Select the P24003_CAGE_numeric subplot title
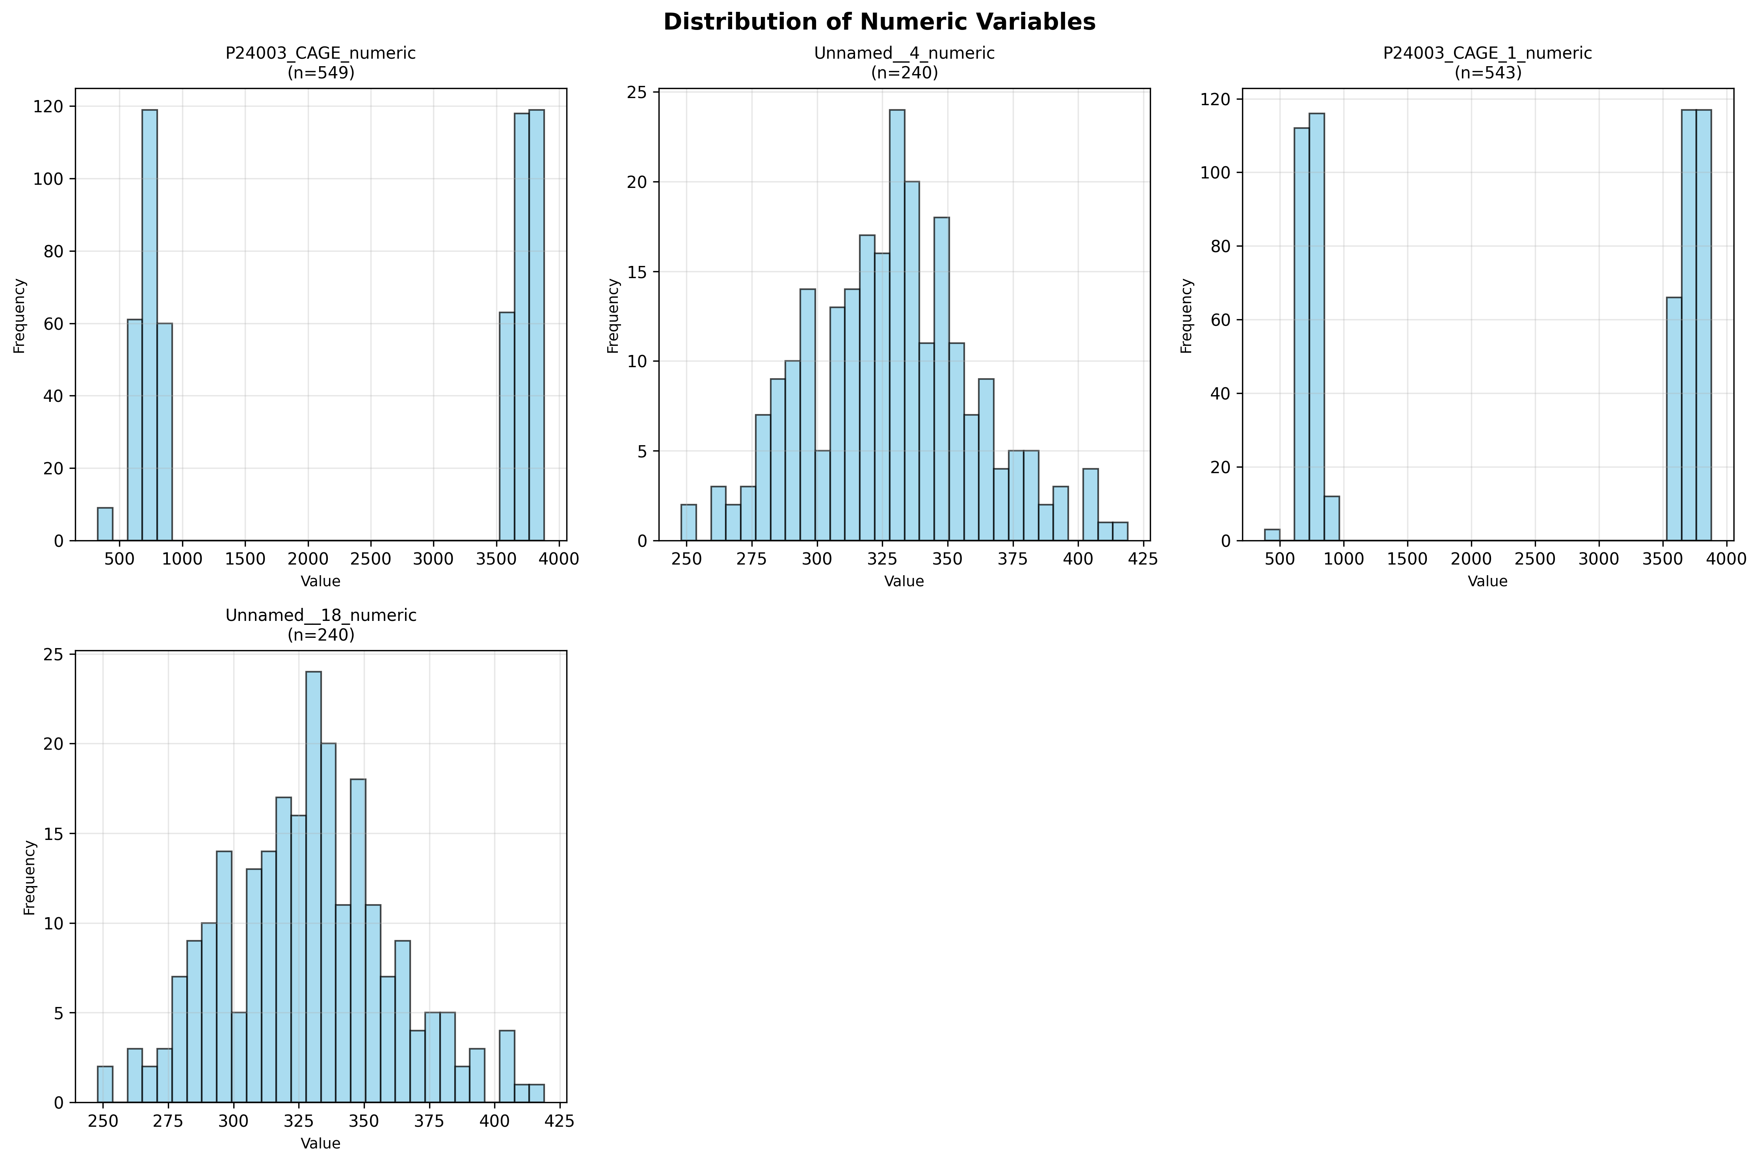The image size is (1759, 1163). (320, 54)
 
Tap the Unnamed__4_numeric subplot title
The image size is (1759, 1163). (904, 54)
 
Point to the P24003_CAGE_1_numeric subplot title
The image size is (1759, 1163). (1488, 54)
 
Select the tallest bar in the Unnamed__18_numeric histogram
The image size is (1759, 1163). (313, 887)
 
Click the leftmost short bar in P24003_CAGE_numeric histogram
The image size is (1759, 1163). (105, 524)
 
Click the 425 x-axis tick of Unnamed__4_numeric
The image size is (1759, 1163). (1142, 559)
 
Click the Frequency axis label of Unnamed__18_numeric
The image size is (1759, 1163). (30, 877)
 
